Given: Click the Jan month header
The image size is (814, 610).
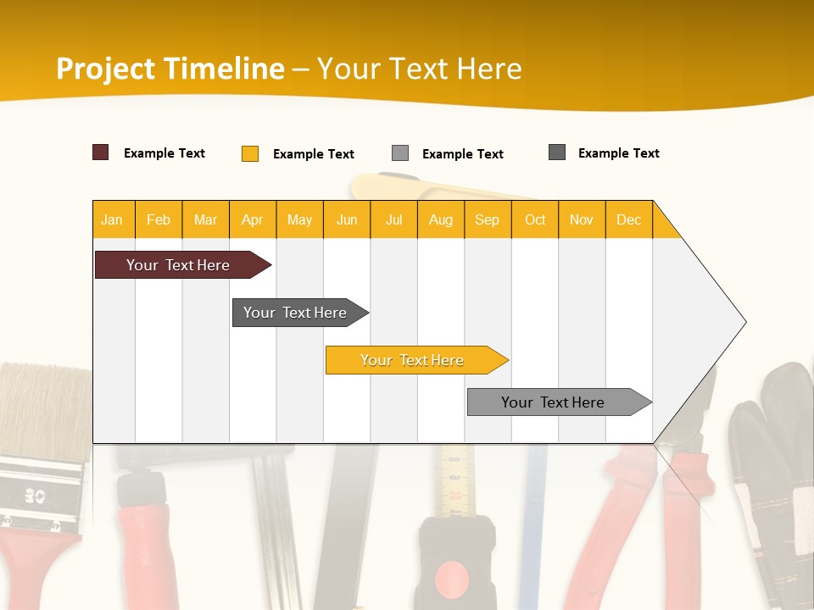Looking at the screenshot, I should click(x=113, y=219).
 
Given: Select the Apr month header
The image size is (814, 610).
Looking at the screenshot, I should click(x=253, y=219).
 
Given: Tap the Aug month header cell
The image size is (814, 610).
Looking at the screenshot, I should click(x=441, y=219).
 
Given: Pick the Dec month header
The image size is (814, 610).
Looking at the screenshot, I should click(x=629, y=219).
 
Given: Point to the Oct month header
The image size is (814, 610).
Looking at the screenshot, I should click(x=535, y=219).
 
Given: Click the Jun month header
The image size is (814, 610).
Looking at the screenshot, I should click(x=347, y=219).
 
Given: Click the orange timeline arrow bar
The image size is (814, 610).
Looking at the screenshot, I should click(x=414, y=360).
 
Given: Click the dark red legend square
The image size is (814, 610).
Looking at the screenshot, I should click(x=100, y=152).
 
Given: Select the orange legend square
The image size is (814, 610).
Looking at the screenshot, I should click(x=250, y=153).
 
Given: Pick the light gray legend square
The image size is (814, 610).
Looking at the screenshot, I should click(x=400, y=153).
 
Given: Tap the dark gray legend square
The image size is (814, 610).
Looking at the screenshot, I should click(x=557, y=152).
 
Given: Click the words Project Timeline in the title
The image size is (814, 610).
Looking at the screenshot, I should click(x=170, y=69).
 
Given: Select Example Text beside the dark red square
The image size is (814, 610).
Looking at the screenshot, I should click(x=164, y=153).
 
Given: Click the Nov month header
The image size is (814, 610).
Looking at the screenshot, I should click(x=582, y=219).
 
